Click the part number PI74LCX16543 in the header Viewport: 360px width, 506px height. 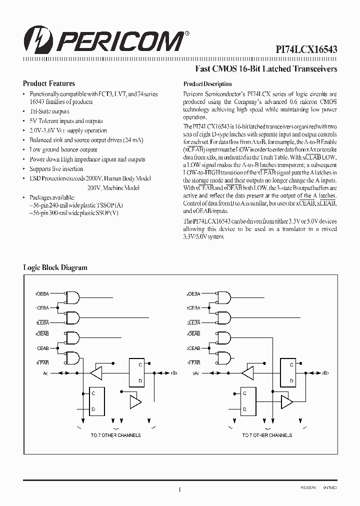[x=306, y=49]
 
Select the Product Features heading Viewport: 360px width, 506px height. [x=49, y=84]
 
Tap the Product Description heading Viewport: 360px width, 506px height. [x=207, y=84]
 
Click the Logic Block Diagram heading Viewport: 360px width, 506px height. [x=55, y=267]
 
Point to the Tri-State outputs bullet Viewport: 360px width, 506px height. [x=49, y=111]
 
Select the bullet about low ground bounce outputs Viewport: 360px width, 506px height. [x=63, y=149]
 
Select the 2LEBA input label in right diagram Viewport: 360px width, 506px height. [x=193, y=322]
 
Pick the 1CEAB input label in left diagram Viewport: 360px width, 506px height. [x=42, y=347]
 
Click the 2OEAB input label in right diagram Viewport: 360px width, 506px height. [x=193, y=333]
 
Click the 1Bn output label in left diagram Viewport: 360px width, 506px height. [x=174, y=373]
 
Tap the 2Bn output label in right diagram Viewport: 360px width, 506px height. [x=325, y=373]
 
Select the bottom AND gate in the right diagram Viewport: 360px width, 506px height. [x=224, y=357]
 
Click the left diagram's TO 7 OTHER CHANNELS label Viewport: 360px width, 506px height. [x=115, y=435]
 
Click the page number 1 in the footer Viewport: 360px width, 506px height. [x=179, y=489]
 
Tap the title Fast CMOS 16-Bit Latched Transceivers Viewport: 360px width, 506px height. [x=265, y=68]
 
